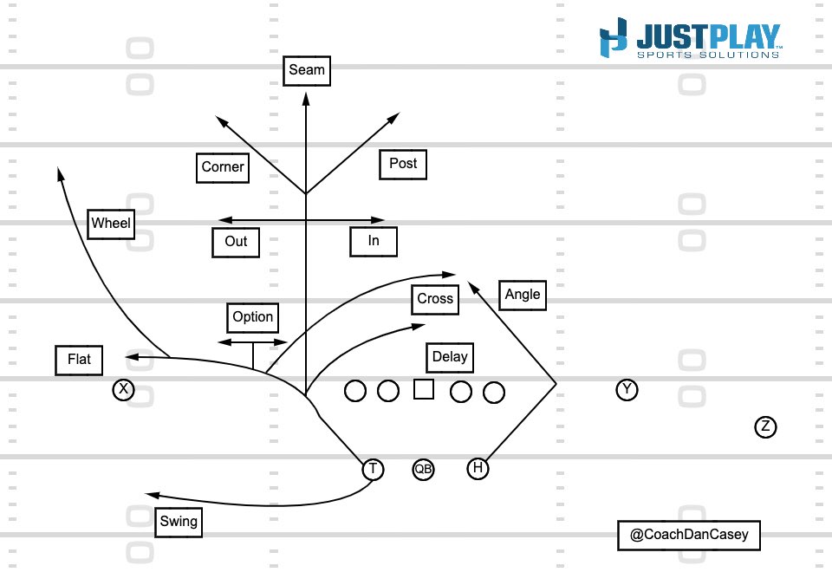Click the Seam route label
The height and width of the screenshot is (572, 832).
click(x=306, y=69)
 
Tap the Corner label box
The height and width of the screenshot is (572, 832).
click(x=223, y=167)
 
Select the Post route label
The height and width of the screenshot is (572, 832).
click(x=403, y=163)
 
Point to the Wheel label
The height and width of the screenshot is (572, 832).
click(x=111, y=224)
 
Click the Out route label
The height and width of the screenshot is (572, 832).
click(x=236, y=241)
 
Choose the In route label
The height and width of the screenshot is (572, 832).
click(x=374, y=241)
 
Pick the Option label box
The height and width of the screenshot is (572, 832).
click(x=253, y=317)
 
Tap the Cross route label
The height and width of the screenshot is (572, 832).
click(x=435, y=299)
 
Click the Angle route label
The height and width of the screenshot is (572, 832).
click(x=523, y=295)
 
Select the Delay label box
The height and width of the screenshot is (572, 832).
click(x=450, y=357)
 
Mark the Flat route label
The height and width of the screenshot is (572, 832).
click(x=79, y=360)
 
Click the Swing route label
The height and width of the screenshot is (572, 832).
click(x=179, y=522)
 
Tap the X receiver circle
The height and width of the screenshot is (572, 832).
click(x=124, y=389)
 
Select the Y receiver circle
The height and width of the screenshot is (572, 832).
click(x=627, y=390)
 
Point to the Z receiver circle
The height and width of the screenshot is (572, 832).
click(x=764, y=426)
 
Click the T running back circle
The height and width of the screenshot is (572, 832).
click(x=373, y=469)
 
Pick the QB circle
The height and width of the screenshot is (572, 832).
click(x=423, y=469)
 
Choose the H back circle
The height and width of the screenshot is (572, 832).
click(x=478, y=469)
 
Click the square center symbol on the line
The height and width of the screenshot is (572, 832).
click(x=423, y=390)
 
